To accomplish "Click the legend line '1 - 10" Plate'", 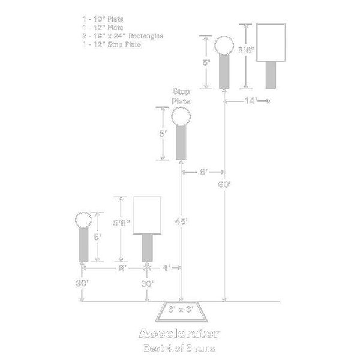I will (x=99, y=19).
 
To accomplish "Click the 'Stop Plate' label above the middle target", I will (x=181, y=97).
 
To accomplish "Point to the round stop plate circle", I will (x=181, y=118).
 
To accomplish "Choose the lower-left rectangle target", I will (x=148, y=215).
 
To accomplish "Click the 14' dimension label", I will (x=250, y=101).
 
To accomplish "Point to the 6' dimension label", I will (x=203, y=172).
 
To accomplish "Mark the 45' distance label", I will (x=182, y=221).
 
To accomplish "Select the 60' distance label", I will (x=225, y=184).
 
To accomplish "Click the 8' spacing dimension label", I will (x=122, y=268).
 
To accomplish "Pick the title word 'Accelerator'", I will (x=179, y=334).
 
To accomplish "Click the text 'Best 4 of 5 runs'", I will (x=179, y=348).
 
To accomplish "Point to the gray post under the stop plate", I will (x=181, y=143).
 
